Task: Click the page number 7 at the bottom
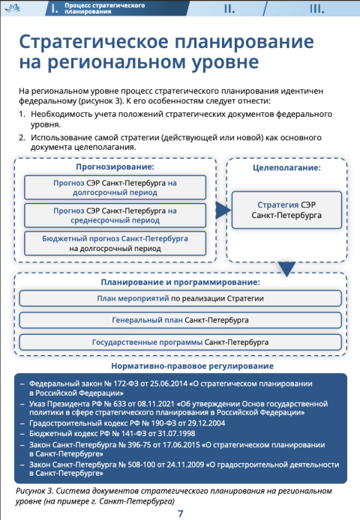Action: pyautogui.click(x=180, y=513)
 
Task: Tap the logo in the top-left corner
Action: pyautogui.click(x=13, y=8)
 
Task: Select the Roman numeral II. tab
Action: pyautogui.click(x=229, y=9)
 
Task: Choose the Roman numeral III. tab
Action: pyautogui.click(x=316, y=9)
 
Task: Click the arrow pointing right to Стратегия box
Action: pyautogui.click(x=223, y=210)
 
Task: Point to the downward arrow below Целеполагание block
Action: pyautogui.click(x=286, y=269)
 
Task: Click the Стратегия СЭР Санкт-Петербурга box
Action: pyautogui.click(x=286, y=210)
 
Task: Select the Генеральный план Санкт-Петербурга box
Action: pyautogui.click(x=180, y=321)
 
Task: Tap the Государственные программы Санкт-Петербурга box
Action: pyautogui.click(x=180, y=342)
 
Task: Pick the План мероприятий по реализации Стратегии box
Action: pyautogui.click(x=180, y=298)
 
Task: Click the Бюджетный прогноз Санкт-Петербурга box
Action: pyautogui.click(x=115, y=244)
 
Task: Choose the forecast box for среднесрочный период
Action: pyautogui.click(x=115, y=216)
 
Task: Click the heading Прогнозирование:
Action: pyautogui.click(x=115, y=166)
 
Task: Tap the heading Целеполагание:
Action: pyautogui.click(x=287, y=168)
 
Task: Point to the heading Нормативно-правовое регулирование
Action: pyautogui.click(x=192, y=366)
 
